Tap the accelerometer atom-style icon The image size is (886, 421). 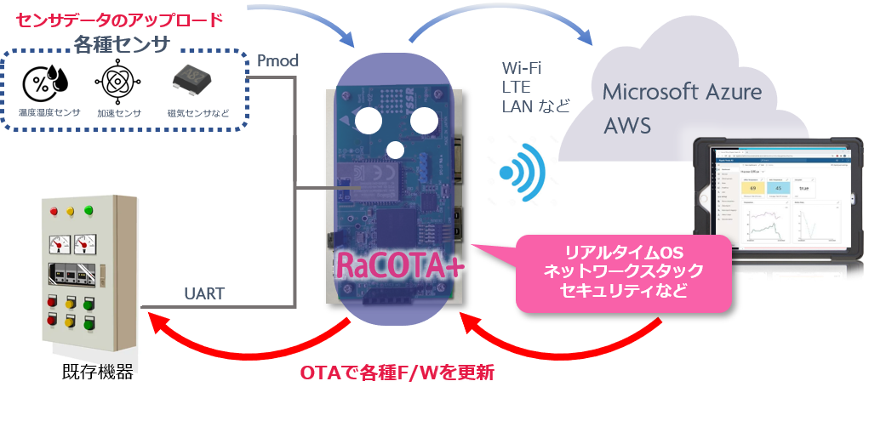pyautogui.click(x=114, y=83)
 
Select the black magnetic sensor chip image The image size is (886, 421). pyautogui.click(x=192, y=82)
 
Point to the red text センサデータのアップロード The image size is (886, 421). pyautogui.click(x=120, y=17)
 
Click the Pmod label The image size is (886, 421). pyautogui.click(x=277, y=60)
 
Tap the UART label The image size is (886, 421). pyautogui.click(x=204, y=294)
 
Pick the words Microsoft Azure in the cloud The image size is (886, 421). pyautogui.click(x=682, y=92)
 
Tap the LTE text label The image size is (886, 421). pyautogui.click(x=517, y=87)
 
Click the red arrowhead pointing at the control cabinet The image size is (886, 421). pyautogui.click(x=157, y=321)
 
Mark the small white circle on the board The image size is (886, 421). pyautogui.click(x=395, y=151)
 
